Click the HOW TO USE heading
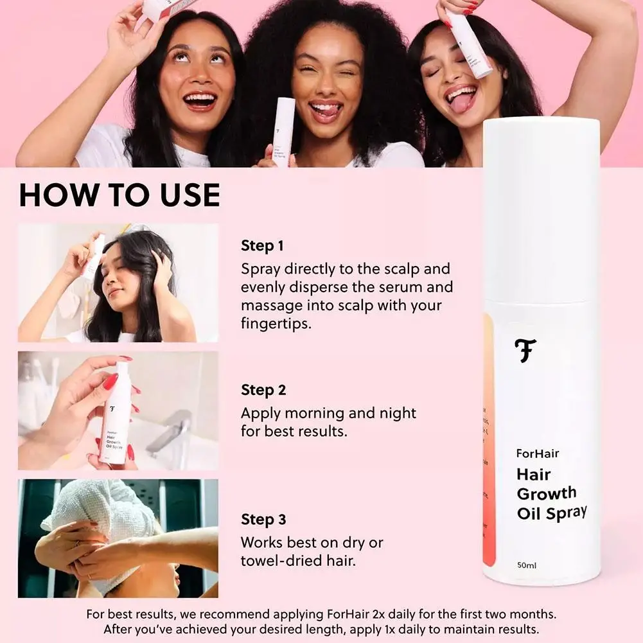click(119, 195)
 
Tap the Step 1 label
click(262, 245)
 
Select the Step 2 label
click(263, 390)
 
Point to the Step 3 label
click(263, 519)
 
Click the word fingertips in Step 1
click(276, 324)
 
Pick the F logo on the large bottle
click(525, 351)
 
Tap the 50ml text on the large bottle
click(527, 565)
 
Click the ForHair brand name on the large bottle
click(538, 454)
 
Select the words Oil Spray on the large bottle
click(552, 513)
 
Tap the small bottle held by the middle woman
click(283, 132)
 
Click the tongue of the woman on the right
click(459, 102)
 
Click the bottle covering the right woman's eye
click(468, 42)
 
